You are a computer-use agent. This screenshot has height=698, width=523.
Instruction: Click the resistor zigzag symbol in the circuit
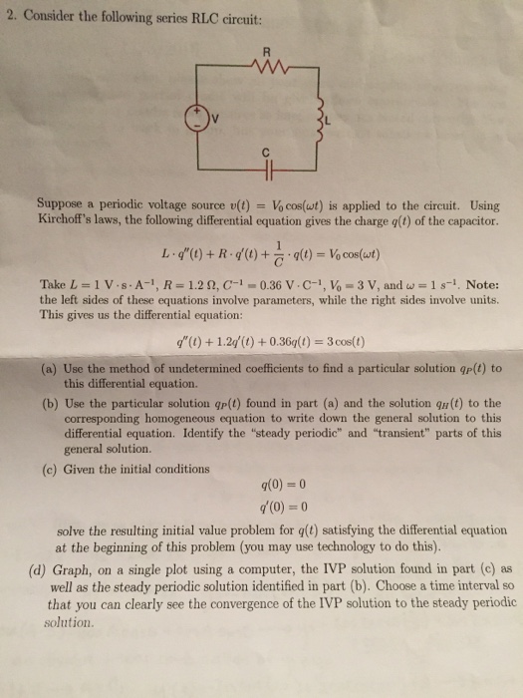pyautogui.click(x=265, y=70)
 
